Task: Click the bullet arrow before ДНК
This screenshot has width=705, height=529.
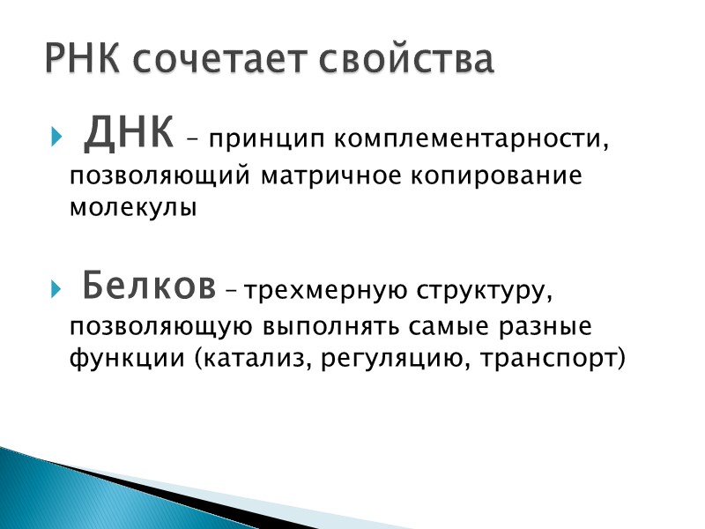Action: (56, 139)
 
